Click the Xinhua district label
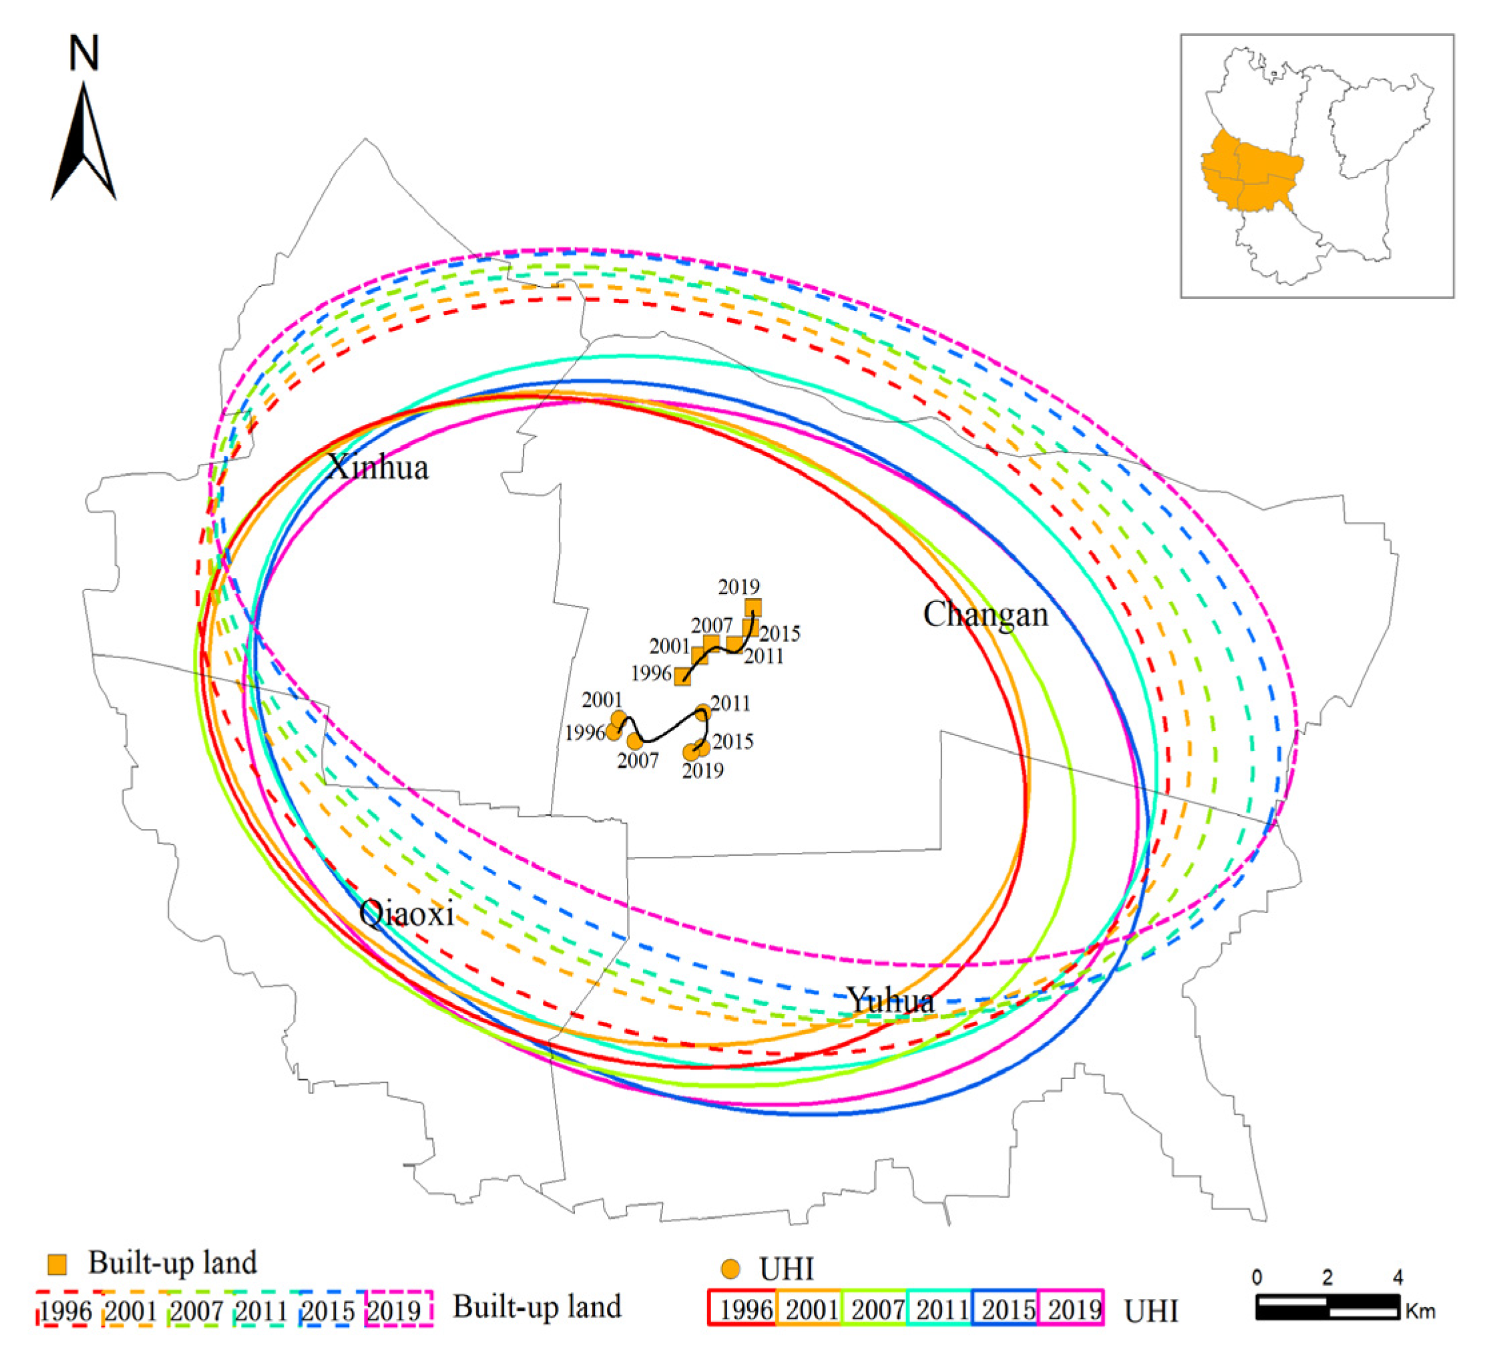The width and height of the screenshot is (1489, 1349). click(x=377, y=467)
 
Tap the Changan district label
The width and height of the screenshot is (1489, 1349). click(x=986, y=614)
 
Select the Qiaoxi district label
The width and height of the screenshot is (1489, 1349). click(x=406, y=914)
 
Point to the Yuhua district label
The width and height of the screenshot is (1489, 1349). click(x=891, y=1001)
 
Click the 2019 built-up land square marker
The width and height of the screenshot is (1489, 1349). click(x=753, y=607)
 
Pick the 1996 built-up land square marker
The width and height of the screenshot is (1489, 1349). click(x=682, y=676)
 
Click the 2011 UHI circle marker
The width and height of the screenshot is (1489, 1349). click(x=703, y=712)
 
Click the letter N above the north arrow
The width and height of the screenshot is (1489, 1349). click(x=83, y=53)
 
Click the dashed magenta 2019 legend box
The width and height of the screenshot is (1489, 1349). click(x=399, y=1308)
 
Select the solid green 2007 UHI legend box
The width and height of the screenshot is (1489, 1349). click(x=875, y=1308)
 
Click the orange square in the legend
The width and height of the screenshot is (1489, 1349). click(x=57, y=1264)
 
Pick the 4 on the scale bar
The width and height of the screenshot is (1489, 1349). click(x=1397, y=1277)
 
